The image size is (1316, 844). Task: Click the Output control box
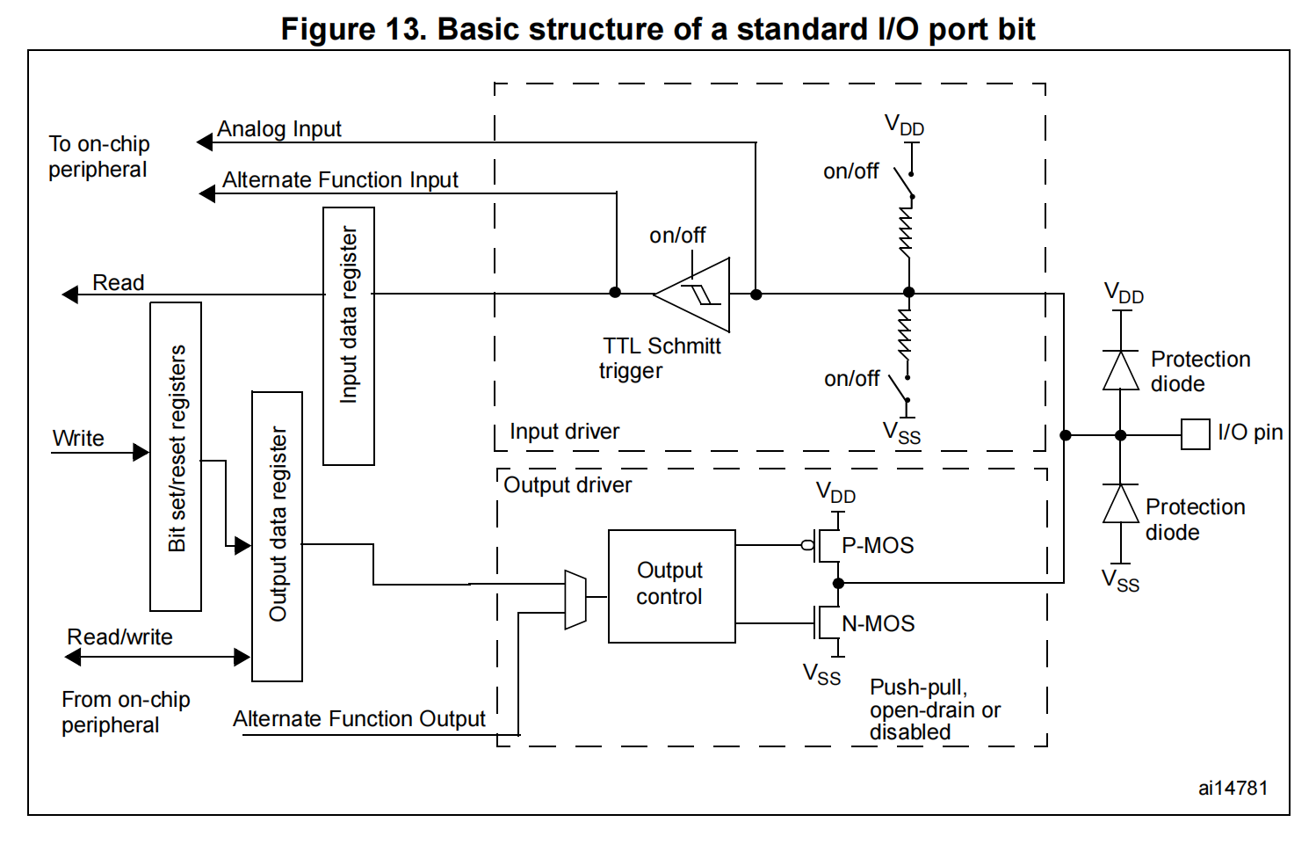point(671,586)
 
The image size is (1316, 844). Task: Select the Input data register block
point(349,336)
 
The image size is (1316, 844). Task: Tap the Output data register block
point(277,536)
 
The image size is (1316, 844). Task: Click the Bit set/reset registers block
point(176,456)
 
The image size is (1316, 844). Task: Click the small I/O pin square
point(1195,434)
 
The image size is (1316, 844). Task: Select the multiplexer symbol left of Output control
point(575,600)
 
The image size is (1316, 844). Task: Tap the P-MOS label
point(877,546)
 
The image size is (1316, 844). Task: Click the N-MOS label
point(878,624)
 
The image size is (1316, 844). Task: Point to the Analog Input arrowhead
point(205,142)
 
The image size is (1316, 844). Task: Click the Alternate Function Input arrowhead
point(207,193)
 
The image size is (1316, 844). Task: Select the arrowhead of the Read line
point(70,295)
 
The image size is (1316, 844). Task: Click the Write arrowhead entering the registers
point(141,453)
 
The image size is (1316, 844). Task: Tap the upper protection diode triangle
point(1120,370)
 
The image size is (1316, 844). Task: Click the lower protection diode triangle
point(1120,505)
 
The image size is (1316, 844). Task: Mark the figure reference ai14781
point(1233,789)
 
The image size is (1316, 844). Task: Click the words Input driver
point(564,432)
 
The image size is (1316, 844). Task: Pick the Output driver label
point(568,485)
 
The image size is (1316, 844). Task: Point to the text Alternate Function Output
point(358,719)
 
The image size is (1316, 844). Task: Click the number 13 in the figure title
point(404,29)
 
